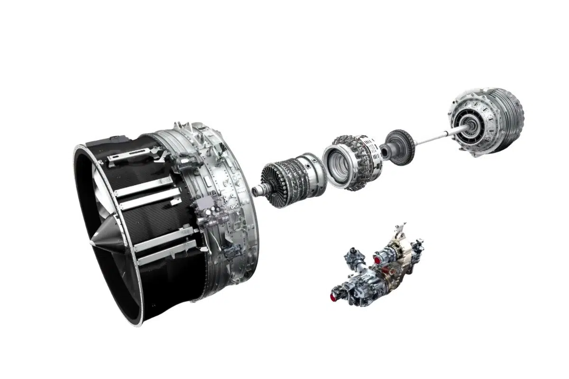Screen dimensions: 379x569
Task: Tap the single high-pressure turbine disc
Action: tap(400, 146)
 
